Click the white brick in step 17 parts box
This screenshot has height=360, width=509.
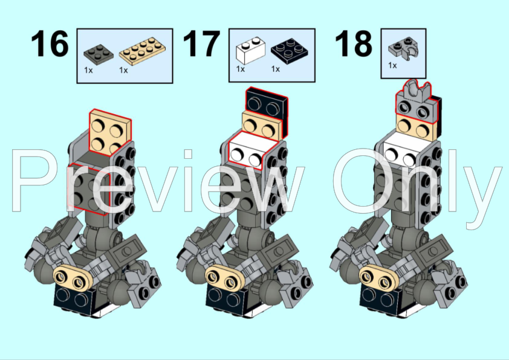pos(248,51)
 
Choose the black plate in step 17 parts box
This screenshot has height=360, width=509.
pos(288,51)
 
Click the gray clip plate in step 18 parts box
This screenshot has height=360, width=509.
pos(403,48)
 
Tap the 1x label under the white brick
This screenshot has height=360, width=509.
pos(240,69)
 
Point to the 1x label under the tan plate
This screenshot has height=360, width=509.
pos(123,70)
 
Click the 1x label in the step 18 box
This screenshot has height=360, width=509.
pos(392,65)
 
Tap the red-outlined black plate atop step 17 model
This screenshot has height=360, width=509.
pos(267,103)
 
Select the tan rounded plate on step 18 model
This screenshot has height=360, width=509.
pos(377,277)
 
